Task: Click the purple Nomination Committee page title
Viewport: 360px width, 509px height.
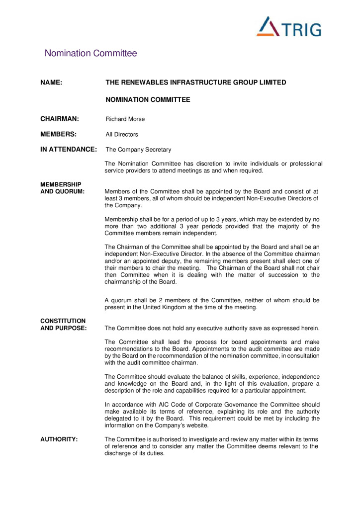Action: point(90,53)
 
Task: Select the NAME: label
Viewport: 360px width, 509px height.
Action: point(51,83)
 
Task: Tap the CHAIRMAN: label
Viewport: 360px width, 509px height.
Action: point(60,119)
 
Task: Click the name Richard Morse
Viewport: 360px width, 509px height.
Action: point(125,119)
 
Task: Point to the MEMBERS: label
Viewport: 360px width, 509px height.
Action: point(58,134)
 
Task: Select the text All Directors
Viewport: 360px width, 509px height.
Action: point(122,135)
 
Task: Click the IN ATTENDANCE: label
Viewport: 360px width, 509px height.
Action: point(68,149)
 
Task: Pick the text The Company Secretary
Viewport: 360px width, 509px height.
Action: point(138,150)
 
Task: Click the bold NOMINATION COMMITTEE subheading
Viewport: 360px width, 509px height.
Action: point(148,100)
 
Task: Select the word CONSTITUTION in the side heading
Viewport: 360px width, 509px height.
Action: point(63,321)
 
